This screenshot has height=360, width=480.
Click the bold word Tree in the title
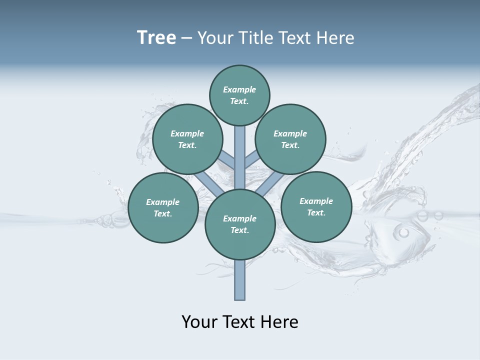[156, 38]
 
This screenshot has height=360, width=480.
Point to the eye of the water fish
[403, 232]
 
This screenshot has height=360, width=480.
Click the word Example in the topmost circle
[239, 90]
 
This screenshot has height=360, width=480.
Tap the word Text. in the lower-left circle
[162, 214]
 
